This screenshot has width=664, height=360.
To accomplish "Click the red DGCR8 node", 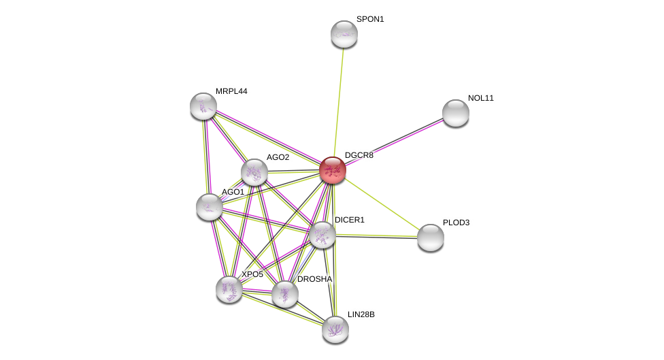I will tap(333, 170).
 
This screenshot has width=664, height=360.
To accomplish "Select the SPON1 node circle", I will tap(344, 34).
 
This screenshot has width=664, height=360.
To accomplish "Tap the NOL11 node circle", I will tap(455, 113).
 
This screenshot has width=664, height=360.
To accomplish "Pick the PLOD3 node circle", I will tap(430, 238).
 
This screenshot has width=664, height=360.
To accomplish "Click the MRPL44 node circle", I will tap(203, 106).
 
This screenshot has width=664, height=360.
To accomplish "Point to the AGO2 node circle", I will tap(254, 172).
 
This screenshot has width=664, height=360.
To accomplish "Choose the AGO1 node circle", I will tap(210, 207).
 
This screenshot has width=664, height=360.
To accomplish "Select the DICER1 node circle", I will tap(322, 235).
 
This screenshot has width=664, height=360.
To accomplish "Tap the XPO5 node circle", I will tap(229, 289).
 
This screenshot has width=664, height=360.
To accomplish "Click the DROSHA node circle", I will tap(284, 294).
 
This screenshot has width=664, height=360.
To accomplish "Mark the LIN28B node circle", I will tap(335, 329).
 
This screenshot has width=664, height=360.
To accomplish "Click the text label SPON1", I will tap(370, 19).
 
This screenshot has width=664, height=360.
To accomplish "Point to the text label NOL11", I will tap(480, 98).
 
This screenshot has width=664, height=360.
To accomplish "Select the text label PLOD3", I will tap(456, 223).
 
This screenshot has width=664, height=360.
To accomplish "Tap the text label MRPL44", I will tap(231, 91).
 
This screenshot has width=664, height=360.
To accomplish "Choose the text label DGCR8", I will tap(359, 155).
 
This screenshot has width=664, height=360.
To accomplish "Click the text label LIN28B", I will tap(361, 314).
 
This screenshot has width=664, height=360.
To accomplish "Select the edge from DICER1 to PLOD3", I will tap(376, 236).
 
